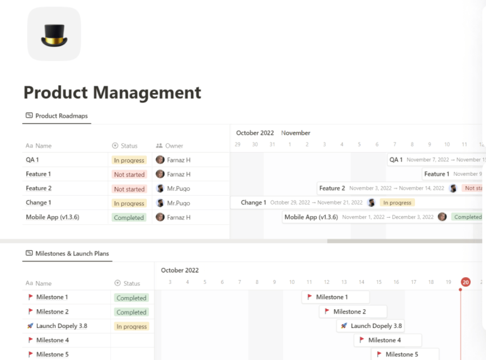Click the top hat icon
(x=54, y=34)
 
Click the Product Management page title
(x=112, y=93)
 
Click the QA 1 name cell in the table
(x=32, y=160)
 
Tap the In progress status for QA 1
(x=129, y=160)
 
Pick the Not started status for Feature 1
(x=129, y=175)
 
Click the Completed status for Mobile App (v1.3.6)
(x=129, y=218)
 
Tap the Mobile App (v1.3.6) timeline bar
(x=360, y=217)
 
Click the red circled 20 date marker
(x=465, y=282)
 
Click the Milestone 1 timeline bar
(x=335, y=297)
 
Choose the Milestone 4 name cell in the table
(x=53, y=340)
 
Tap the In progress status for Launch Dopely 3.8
(x=131, y=327)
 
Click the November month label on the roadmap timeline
(x=296, y=133)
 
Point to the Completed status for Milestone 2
(x=131, y=312)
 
